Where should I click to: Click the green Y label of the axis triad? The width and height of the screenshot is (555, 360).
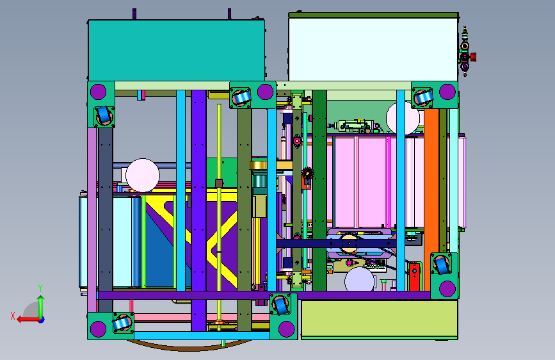(x=40, y=288)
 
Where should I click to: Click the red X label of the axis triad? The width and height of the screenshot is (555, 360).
(x=13, y=316)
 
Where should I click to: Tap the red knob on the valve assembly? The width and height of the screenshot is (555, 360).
(x=473, y=57)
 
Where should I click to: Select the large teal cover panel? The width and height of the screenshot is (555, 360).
(x=176, y=51)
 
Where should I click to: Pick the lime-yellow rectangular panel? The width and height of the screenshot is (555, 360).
(x=380, y=319)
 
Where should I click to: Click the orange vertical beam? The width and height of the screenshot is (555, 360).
(x=431, y=199)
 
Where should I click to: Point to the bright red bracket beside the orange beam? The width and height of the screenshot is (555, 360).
(x=414, y=277)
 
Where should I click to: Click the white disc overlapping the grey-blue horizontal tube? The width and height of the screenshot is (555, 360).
(x=143, y=176)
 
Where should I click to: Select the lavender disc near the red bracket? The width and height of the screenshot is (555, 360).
(x=359, y=279)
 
